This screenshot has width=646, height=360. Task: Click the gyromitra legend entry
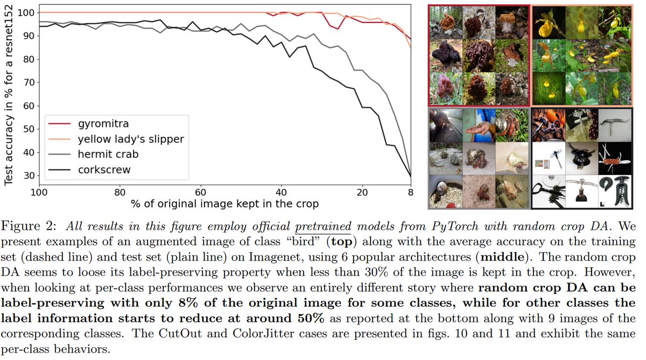103,124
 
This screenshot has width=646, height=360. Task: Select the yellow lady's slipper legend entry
130,139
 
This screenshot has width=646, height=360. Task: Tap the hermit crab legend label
108,154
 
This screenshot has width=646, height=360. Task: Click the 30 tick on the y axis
29,176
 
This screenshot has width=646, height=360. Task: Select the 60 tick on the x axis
200,192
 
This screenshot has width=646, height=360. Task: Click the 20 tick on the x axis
362,192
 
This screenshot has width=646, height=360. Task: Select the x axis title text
224,204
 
